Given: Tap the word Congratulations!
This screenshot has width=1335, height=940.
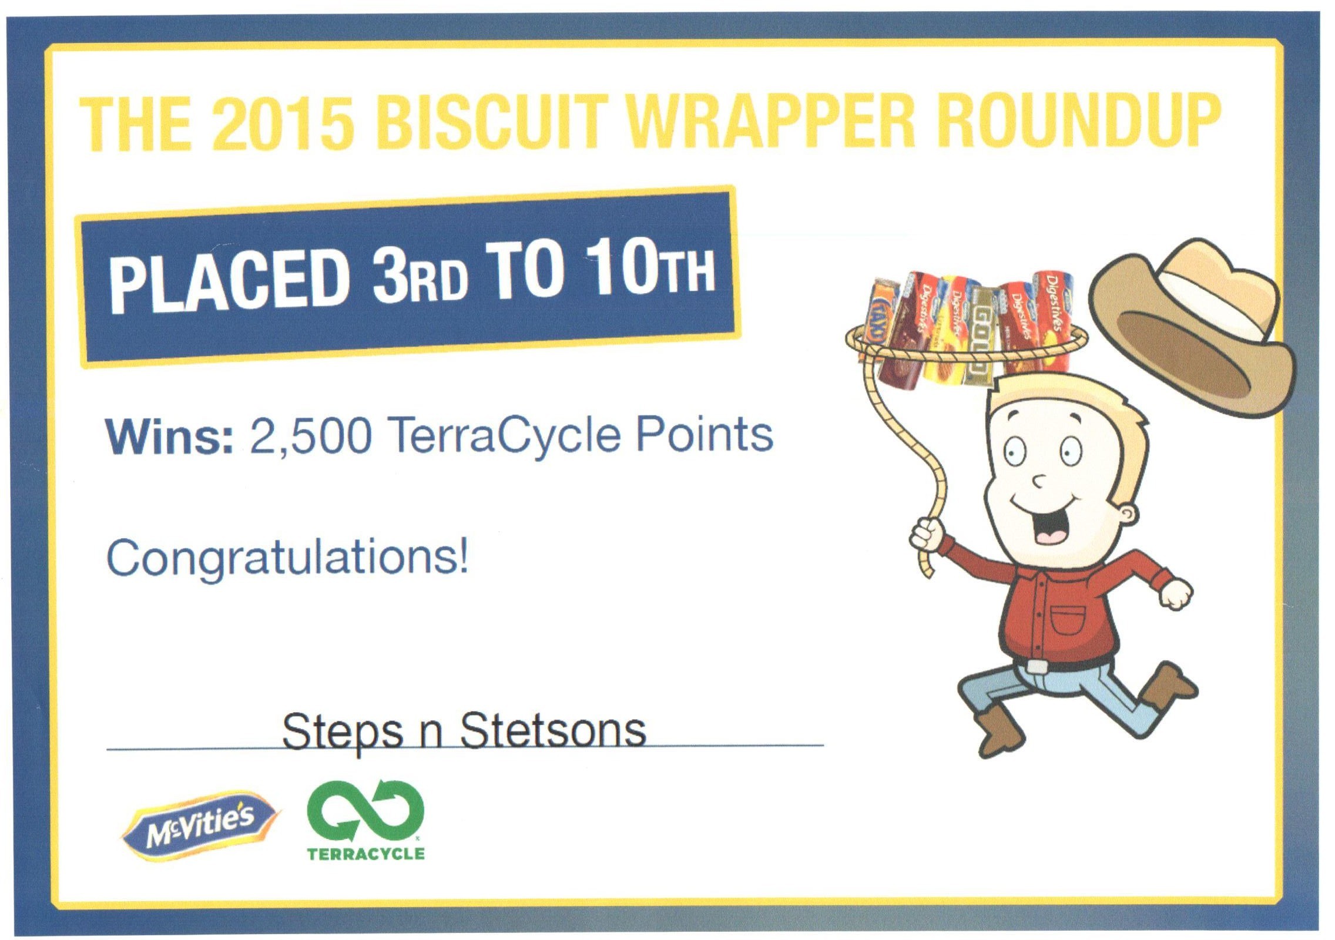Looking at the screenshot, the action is (x=288, y=558).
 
